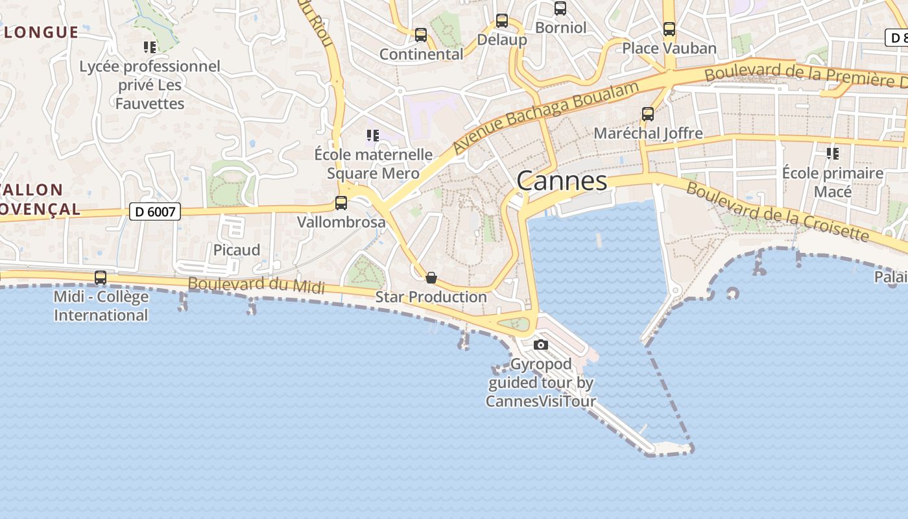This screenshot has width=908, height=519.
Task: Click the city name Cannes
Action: coord(562,181)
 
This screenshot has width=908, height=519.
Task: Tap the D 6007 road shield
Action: coord(154,211)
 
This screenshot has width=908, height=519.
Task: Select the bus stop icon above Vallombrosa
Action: coord(341,203)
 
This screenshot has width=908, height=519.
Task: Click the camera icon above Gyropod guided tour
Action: coord(540,344)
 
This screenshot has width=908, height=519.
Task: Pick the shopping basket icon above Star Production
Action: coord(431,278)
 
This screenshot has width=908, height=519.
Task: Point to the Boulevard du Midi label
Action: coord(256,285)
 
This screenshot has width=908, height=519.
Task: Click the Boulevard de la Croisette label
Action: coord(777,211)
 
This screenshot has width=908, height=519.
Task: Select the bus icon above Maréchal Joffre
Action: coord(647,114)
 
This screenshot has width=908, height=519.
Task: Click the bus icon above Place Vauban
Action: coord(669,29)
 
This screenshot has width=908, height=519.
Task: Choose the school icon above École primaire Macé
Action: coord(832,154)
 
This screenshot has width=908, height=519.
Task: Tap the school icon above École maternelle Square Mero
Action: coord(372,136)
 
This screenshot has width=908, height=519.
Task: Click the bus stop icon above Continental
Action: coord(421,35)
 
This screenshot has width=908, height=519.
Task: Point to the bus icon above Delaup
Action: coord(501,21)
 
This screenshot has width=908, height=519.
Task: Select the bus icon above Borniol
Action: coord(560,8)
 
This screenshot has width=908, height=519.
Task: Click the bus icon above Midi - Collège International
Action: coord(101,278)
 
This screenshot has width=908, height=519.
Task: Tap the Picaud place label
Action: coord(237,250)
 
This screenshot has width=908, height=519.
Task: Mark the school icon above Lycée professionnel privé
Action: coord(150,47)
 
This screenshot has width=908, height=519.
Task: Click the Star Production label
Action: coord(431,297)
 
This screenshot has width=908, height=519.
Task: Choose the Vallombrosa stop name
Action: coord(341,222)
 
